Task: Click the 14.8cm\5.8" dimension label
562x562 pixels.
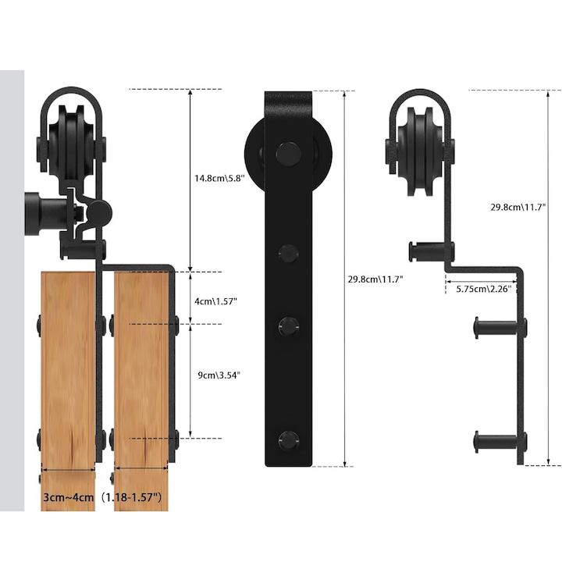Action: pyautogui.click(x=220, y=178)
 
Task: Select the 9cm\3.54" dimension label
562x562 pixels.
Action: pyautogui.click(x=218, y=375)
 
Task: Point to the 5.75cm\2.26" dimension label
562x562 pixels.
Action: pyautogui.click(x=484, y=288)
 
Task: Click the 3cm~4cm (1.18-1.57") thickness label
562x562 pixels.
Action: pyautogui.click(x=102, y=496)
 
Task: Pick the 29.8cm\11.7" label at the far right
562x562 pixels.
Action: pyautogui.click(x=518, y=208)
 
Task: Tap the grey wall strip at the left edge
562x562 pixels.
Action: pyautogui.click(x=12, y=289)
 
